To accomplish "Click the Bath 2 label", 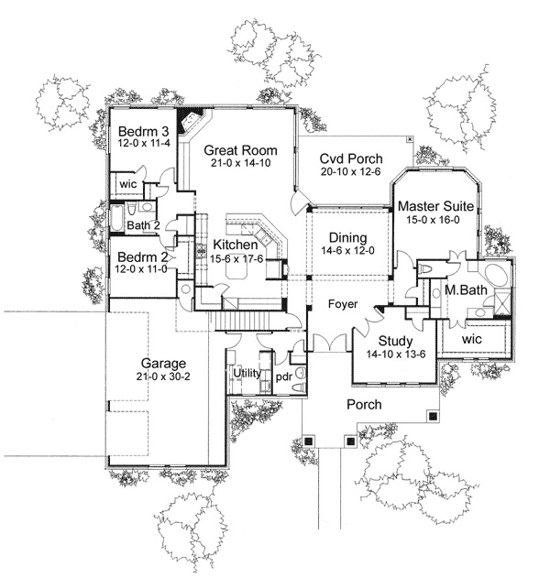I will coord(144,224).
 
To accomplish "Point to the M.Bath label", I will coord(464,291).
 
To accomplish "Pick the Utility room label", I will coord(247,373).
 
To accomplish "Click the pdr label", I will coord(284,376).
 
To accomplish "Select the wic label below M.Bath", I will coord(472,339).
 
